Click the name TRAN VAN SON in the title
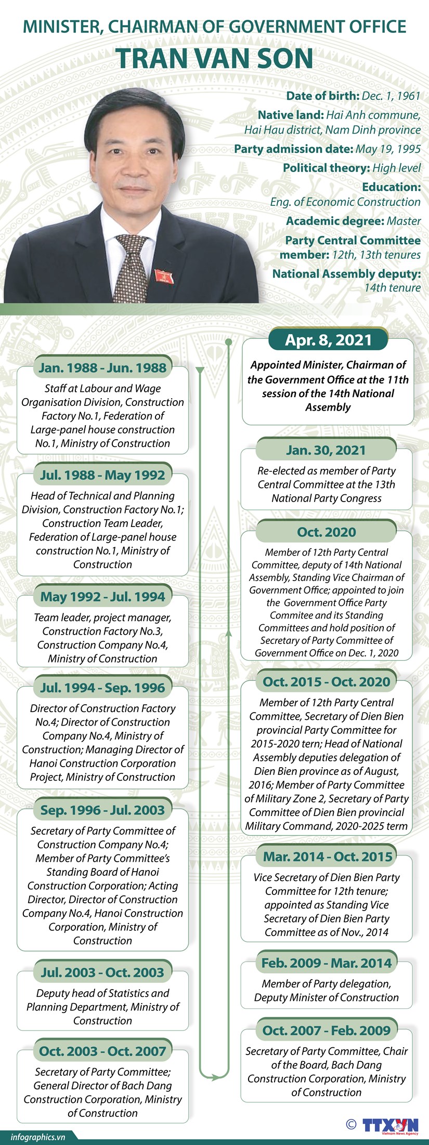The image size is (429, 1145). point(214,58)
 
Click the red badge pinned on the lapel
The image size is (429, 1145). point(164,277)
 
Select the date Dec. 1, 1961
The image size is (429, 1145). point(391,96)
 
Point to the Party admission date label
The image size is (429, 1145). point(294,149)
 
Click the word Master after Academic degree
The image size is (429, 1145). point(404,221)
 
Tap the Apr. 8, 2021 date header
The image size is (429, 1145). point(328,340)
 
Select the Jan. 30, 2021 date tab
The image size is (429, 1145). point(326,450)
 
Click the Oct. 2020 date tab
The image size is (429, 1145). point(327,532)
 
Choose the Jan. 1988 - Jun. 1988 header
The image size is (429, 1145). point(102,368)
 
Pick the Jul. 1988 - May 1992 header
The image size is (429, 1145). point(102,475)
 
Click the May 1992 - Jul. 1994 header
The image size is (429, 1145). point(102,597)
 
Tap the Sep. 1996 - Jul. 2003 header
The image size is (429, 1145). point(102,810)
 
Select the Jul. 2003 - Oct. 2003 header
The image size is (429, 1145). point(102,972)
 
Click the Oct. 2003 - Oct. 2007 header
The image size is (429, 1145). point(102,1051)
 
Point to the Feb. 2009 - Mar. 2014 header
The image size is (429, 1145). point(326,963)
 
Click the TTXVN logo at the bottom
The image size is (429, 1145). point(390,1125)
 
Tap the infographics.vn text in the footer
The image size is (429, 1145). point(37,1137)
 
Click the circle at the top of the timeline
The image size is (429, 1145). point(228,341)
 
